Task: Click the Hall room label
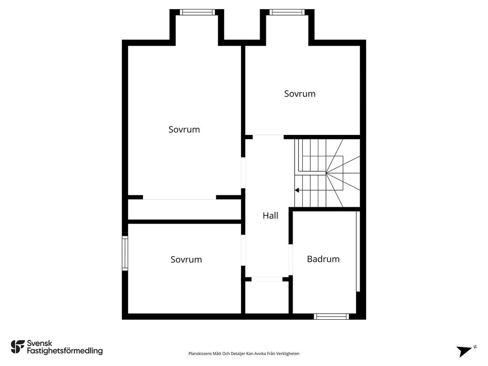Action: tap(270, 216)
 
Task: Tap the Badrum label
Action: tap(323, 259)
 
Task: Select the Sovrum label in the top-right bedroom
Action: tap(300, 94)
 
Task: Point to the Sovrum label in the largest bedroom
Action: tap(184, 130)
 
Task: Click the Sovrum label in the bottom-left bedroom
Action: tap(186, 260)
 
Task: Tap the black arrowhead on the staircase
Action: tap(297, 190)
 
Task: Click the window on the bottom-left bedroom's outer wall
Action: tap(125, 253)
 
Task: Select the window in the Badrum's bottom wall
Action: tap(331, 316)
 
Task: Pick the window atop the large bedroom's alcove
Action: tap(197, 12)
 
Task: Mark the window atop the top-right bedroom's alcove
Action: tap(287, 12)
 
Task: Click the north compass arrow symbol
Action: tap(464, 351)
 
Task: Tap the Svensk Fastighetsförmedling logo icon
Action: tap(18, 346)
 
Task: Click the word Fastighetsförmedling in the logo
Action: tap(65, 351)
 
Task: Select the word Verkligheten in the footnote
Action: tap(288, 354)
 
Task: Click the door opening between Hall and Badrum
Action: tap(290, 260)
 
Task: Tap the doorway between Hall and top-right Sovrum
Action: tap(268, 137)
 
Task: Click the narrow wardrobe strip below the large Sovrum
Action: tap(184, 210)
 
